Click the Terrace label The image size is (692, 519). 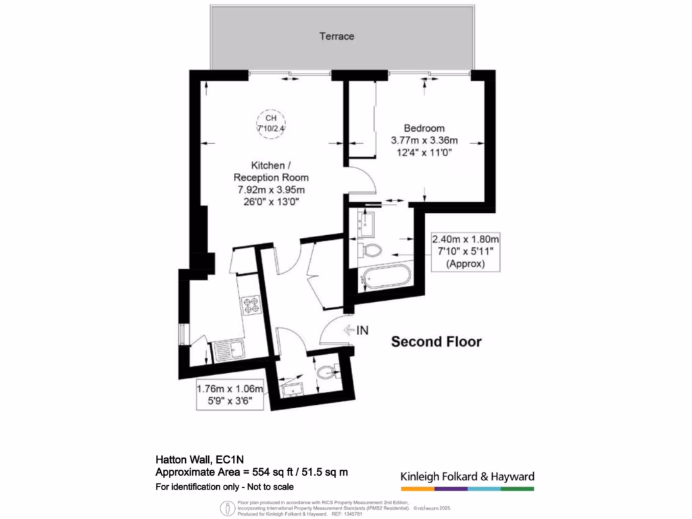[337, 36]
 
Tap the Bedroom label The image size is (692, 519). [424, 128]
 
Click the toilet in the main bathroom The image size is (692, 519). [370, 251]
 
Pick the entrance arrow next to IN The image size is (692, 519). [349, 330]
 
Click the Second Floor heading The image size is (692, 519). [437, 342]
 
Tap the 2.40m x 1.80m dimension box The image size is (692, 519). [466, 251]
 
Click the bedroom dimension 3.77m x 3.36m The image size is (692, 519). [424, 141]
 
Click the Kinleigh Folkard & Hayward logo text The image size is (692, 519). [467, 476]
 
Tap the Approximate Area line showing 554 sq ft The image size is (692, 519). [251, 472]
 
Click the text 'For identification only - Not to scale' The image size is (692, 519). [225, 487]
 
